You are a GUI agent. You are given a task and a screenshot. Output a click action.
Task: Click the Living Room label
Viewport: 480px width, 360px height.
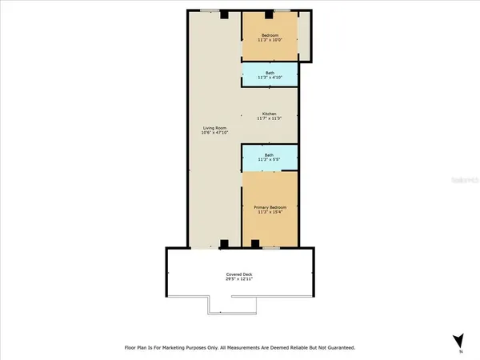point(214,128)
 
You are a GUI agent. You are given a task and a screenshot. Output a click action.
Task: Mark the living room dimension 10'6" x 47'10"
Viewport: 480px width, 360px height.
point(214,134)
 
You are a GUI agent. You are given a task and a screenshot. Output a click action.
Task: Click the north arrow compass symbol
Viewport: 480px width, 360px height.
point(458,340)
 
